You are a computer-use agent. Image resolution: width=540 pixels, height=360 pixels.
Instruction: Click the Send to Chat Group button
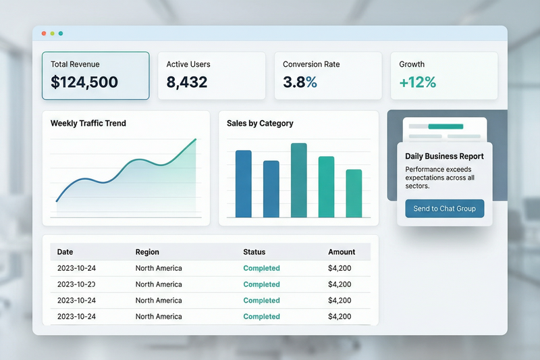point(445,209)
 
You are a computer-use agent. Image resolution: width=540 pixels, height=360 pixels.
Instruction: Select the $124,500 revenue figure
point(84,82)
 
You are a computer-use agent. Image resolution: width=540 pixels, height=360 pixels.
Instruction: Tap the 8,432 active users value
point(187,82)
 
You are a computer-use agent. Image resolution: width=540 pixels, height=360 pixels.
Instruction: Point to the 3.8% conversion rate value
point(300,82)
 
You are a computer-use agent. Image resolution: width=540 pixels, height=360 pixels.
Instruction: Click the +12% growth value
point(418,82)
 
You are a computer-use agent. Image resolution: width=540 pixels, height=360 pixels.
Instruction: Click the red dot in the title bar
point(44,33)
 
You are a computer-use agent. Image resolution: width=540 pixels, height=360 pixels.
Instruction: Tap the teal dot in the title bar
point(61,33)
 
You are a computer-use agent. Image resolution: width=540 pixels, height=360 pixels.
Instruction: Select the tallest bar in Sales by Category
point(298,180)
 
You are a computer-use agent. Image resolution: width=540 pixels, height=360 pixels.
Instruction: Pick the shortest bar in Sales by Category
point(354,193)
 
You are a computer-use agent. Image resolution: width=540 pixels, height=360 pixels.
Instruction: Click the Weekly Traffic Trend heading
point(88,124)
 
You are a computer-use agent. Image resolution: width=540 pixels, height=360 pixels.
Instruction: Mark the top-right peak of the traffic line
point(196,139)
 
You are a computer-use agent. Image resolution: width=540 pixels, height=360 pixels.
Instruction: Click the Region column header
point(147,252)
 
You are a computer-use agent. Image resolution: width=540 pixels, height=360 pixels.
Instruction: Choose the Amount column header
point(342,252)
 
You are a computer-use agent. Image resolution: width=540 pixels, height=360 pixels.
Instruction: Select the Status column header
point(254,252)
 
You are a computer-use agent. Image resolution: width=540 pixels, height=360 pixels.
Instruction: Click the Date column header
point(65,252)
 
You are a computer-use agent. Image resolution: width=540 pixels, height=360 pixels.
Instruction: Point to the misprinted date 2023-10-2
point(76,284)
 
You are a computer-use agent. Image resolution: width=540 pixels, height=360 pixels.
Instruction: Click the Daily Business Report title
point(444,157)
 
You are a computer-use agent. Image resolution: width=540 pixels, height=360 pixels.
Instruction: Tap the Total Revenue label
point(75,64)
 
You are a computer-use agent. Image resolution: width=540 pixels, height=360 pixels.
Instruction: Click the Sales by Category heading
point(260,124)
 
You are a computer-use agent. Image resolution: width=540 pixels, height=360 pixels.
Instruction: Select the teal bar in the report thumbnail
point(446,126)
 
